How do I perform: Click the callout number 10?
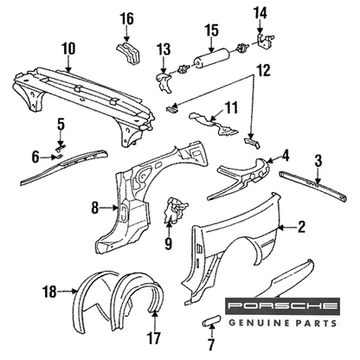tap(68, 49)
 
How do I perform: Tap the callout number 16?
tap(127, 19)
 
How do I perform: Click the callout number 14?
tap(260, 14)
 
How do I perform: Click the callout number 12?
tap(263, 70)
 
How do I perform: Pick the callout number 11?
tap(232, 107)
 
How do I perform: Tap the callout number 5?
tap(61, 124)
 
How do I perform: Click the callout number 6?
tap(35, 157)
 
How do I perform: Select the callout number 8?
tap(95, 208)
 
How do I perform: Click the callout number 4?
tap(285, 156)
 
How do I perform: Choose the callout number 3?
tap(318, 162)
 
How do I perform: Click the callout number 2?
tap(301, 227)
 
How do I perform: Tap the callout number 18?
tap(49, 292)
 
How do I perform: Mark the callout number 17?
tap(154, 337)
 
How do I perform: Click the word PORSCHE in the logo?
tap(282, 305)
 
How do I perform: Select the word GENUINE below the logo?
tap(259, 323)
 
